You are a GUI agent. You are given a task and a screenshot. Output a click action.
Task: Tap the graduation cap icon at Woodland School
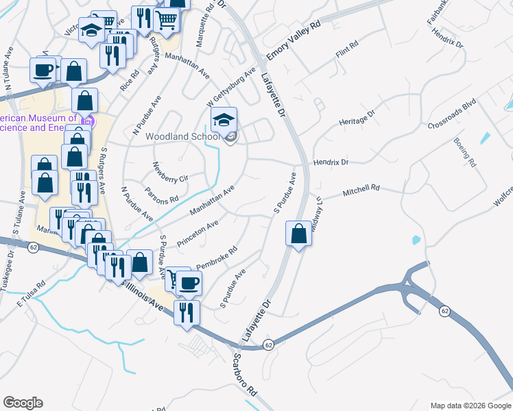224,121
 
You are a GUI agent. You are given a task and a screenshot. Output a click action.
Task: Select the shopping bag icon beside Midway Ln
299,234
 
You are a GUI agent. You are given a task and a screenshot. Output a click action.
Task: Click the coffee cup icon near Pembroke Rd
189,282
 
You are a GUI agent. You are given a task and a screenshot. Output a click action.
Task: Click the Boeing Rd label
464,151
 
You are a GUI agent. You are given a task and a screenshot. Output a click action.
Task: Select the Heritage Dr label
357,118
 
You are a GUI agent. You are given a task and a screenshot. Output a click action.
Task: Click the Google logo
23,403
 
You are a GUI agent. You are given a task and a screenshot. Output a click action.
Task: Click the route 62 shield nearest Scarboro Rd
268,345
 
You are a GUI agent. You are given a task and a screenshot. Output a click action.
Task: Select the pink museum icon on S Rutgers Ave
86,121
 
